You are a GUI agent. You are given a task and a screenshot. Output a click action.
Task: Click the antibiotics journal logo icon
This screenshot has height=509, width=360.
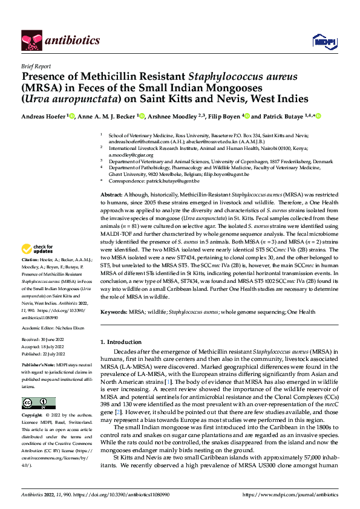pyautogui.click(x=30, y=40)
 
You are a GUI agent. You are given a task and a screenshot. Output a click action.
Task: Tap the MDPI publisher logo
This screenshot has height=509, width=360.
pyautogui.click(x=321, y=41)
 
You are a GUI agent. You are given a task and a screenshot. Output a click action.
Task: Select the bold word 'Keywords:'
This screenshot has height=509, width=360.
pyautogui.click(x=114, y=312)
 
